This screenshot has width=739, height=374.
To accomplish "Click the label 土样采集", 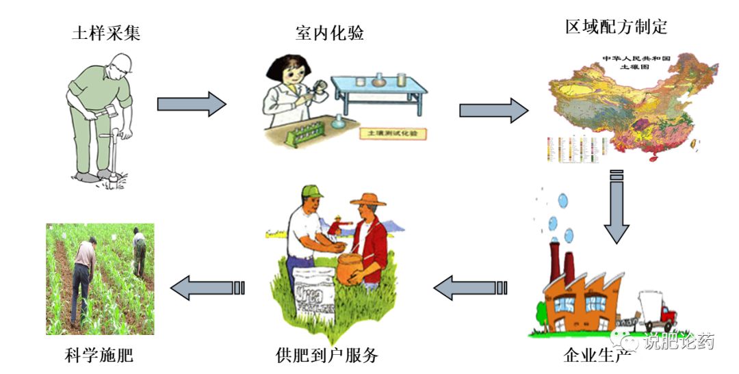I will [106, 33].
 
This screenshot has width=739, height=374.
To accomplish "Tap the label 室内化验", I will [330, 31].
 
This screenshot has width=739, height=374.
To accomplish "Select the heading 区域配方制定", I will [616, 27].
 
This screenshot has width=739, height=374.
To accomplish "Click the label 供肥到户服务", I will [327, 356].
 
